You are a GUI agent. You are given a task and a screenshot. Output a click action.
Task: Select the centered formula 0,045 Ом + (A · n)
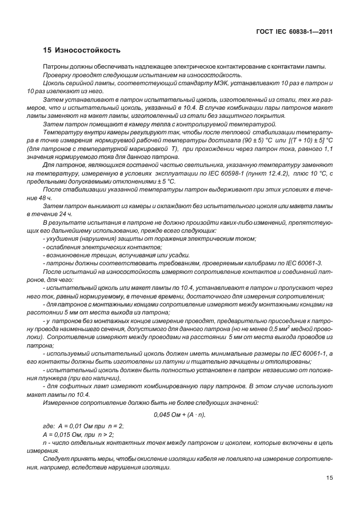179,414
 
